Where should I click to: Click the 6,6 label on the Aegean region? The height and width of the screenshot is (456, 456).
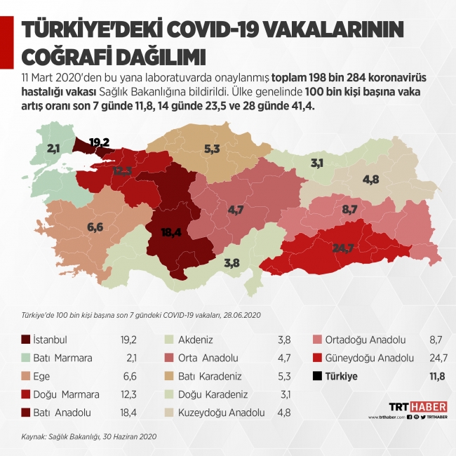pos(95,227)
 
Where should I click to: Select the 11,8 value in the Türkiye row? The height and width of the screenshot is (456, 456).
pos(436,376)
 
